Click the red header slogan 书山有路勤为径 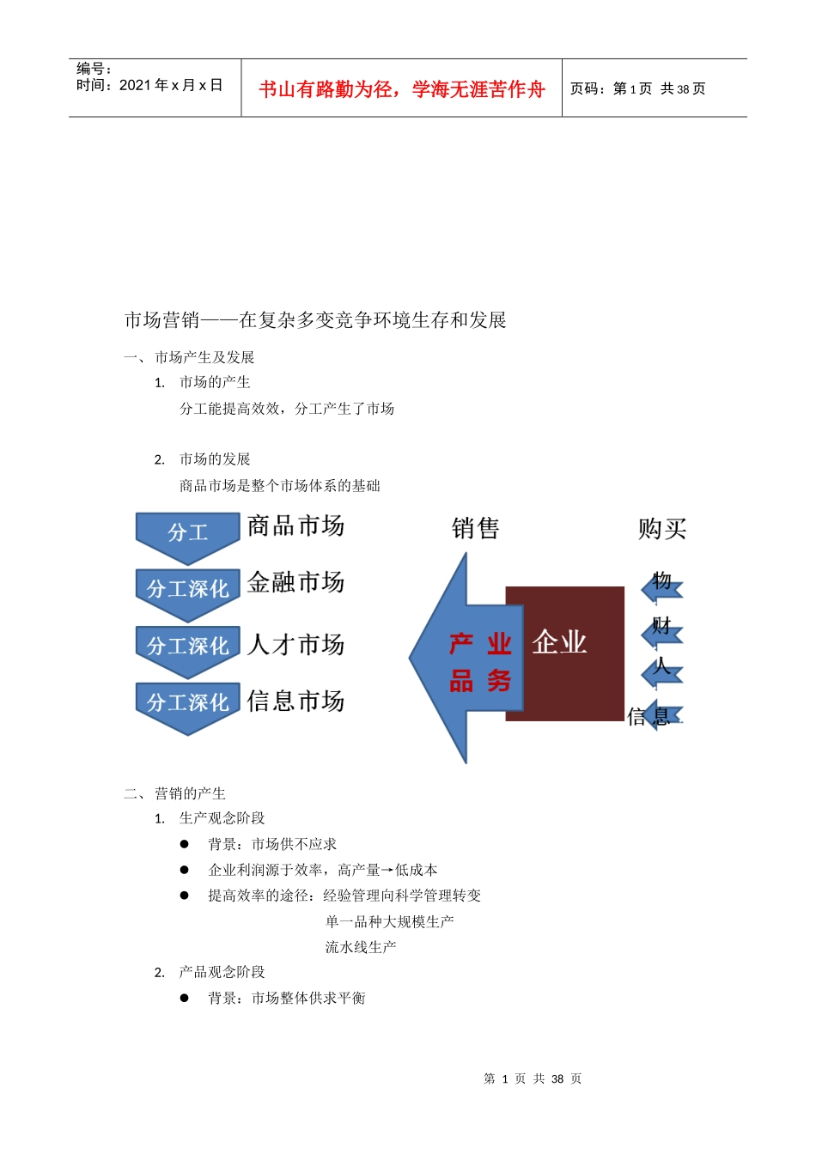pyautogui.click(x=401, y=89)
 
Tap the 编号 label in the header pyautogui.click(x=94, y=69)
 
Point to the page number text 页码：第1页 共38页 pyautogui.click(x=637, y=88)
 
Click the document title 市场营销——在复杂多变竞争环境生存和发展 pyautogui.click(x=315, y=320)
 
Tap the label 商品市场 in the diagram pyautogui.click(x=295, y=525)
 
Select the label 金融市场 pyautogui.click(x=295, y=582)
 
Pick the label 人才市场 pyautogui.click(x=295, y=644)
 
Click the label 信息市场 pyautogui.click(x=295, y=702)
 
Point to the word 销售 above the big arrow pyautogui.click(x=475, y=528)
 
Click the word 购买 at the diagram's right pyautogui.click(x=662, y=528)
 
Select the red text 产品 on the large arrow pyautogui.click(x=461, y=662)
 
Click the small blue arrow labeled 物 pyautogui.click(x=661, y=587)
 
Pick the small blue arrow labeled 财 pyautogui.click(x=661, y=633)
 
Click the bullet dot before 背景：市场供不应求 pyautogui.click(x=184, y=844)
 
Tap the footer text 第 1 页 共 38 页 pyautogui.click(x=533, y=1078)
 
